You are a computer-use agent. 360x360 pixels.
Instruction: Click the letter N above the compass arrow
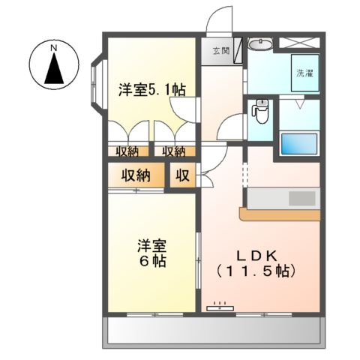pyautogui.click(x=54, y=48)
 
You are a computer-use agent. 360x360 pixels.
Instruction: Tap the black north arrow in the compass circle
pyautogui.click(x=54, y=69)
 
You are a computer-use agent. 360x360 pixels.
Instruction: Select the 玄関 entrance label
pyautogui.click(x=221, y=51)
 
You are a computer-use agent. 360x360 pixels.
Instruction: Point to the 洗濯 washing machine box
pyautogui.click(x=304, y=74)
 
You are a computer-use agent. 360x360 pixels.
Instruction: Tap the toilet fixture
pyautogui.click(x=261, y=112)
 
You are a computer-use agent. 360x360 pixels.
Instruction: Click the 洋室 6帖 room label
pyautogui.click(x=151, y=253)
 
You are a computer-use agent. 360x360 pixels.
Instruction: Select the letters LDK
pyautogui.click(x=255, y=252)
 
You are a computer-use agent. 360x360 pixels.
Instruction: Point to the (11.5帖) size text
pyautogui.click(x=256, y=270)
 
